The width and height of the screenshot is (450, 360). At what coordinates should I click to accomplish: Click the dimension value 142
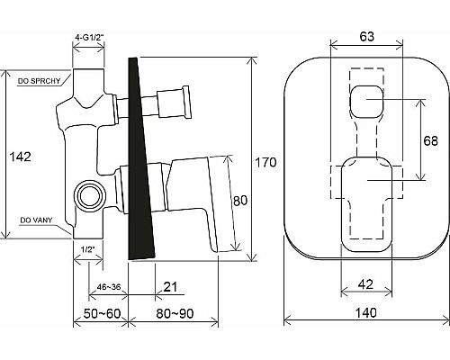point(19,157)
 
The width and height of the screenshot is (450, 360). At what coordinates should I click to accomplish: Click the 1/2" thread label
point(88,248)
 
